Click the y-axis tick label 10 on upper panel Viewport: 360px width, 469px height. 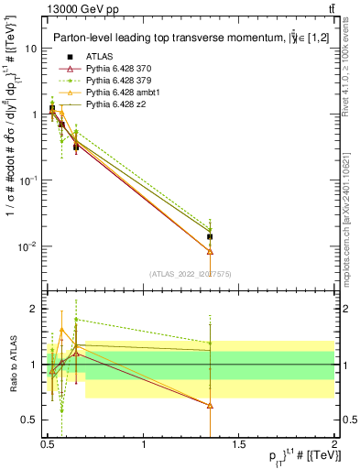coord(32,49)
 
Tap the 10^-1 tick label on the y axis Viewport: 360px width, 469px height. coord(29,180)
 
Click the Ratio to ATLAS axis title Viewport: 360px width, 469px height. coord(12,365)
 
